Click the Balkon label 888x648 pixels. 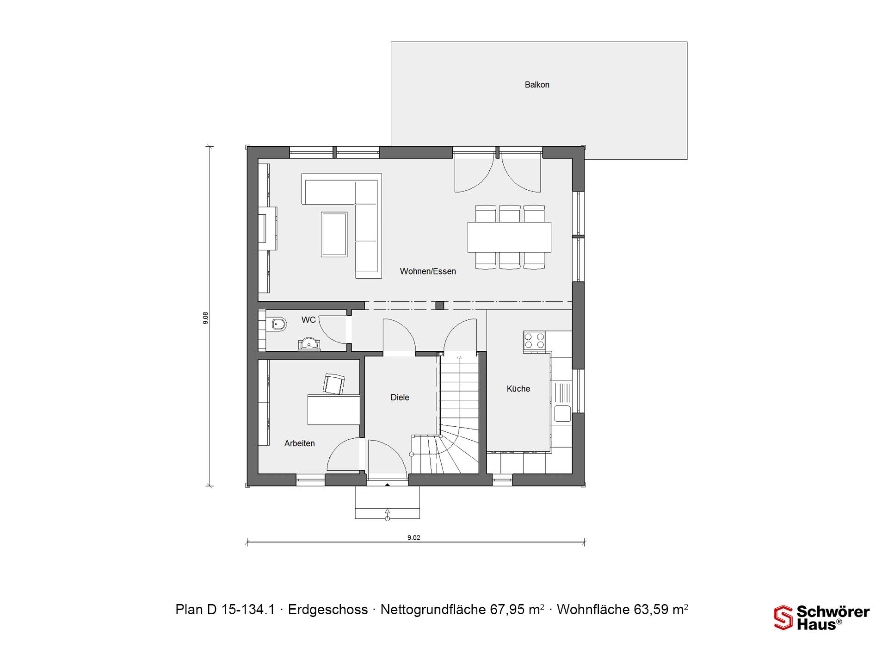point(537,85)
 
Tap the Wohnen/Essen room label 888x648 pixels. point(428,271)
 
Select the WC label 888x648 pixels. point(308,320)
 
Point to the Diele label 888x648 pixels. point(400,397)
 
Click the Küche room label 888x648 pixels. point(518,389)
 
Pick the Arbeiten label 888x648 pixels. point(299,443)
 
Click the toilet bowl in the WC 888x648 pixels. point(279,324)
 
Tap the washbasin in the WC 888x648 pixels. point(309,344)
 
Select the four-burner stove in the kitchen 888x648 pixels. point(534,342)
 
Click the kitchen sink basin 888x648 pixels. point(562,413)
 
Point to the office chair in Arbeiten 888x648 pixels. point(333,384)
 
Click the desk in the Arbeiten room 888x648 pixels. point(333,410)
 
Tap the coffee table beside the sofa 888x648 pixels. point(334,234)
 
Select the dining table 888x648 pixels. point(509,237)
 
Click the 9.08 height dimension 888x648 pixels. point(205,318)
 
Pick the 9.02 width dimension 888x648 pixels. point(414,537)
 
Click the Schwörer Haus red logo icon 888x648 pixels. point(783,617)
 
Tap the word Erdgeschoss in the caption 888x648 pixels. point(328,610)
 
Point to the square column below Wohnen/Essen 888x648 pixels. point(440,305)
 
